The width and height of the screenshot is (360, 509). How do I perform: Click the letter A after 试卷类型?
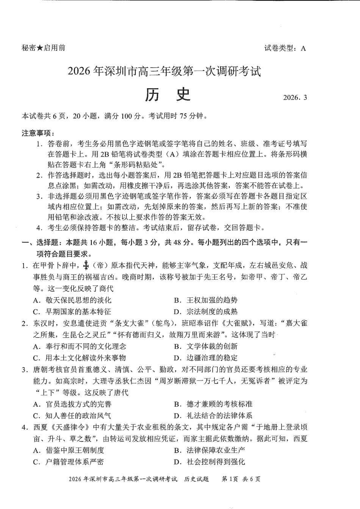click(303, 48)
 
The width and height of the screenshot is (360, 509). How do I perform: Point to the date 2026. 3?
click(295, 97)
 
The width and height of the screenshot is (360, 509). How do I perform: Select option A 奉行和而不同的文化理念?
click(80, 346)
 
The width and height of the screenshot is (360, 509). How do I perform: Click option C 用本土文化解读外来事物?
click(80, 358)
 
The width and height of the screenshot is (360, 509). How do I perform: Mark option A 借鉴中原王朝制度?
click(69, 450)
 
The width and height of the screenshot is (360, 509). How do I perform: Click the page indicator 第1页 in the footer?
click(229, 479)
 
